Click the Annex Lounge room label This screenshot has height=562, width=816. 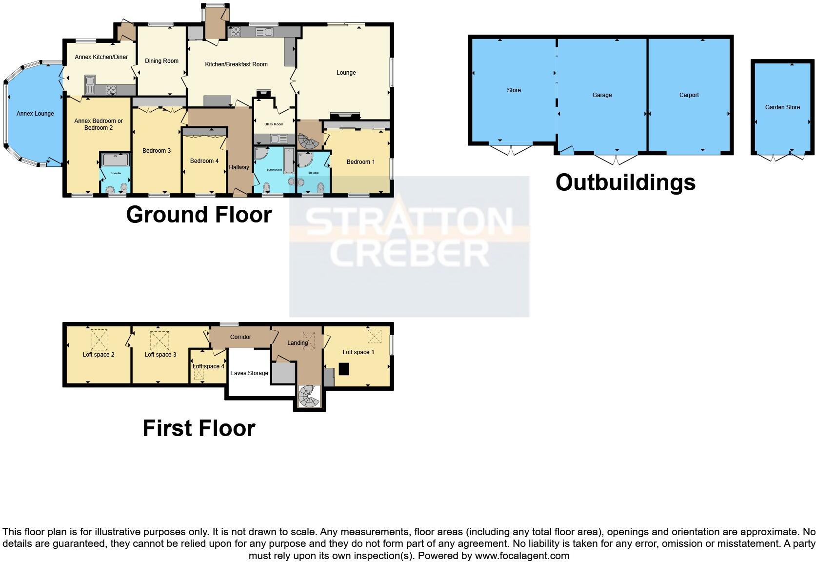tap(35, 114)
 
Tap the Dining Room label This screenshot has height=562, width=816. tap(161, 61)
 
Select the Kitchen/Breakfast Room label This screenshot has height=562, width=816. tap(236, 64)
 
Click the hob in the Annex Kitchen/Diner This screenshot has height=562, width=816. tap(111, 89)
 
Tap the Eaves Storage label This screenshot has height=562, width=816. tap(249, 373)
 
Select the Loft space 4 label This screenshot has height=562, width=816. tap(208, 366)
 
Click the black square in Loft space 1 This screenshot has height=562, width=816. tap(344, 369)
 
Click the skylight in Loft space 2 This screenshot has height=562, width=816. tap(99, 340)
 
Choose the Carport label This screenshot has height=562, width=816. tap(689, 95)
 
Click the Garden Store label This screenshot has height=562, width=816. tap(782, 107)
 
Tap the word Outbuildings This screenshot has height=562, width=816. tap(625, 182)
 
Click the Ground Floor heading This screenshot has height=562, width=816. tap(199, 215)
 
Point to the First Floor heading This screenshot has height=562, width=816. tap(199, 428)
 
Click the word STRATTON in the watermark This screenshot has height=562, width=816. tap(409, 221)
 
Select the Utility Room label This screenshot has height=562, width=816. tap(274, 124)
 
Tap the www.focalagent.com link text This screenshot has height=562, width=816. tap(521, 556)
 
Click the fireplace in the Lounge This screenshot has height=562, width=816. tap(345, 116)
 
